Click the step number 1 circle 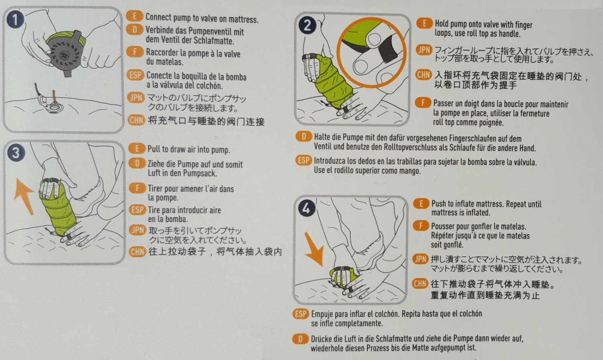(x=15, y=19)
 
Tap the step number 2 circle (x=307, y=25)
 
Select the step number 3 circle (x=16, y=153)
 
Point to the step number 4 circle (x=306, y=208)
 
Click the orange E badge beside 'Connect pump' (x=135, y=16)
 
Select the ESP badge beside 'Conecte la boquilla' (x=135, y=75)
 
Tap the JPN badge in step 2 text (x=424, y=50)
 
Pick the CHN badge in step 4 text (x=420, y=284)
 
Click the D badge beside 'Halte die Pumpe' (x=304, y=137)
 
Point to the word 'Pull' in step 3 (x=154, y=149)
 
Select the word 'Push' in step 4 (x=439, y=204)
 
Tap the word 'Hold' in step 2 (x=442, y=24)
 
